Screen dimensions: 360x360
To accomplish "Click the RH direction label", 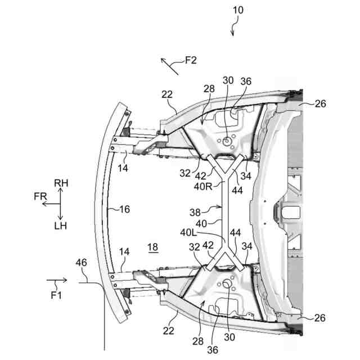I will tap(61, 183).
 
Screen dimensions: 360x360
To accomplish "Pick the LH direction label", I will tap(61, 226).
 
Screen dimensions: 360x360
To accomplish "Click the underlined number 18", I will tap(153, 247).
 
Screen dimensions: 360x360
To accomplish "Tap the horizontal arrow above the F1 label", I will tap(57, 280).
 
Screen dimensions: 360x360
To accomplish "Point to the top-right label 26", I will tap(320, 103).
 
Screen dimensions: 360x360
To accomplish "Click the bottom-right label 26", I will tap(319, 318).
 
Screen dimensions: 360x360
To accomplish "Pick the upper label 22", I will tap(167, 94).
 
